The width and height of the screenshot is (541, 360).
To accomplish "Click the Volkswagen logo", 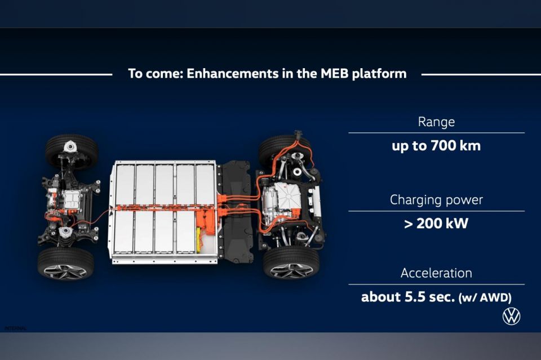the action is click(511, 316).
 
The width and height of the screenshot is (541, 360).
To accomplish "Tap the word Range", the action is click(436, 122).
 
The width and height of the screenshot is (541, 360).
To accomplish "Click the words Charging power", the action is click(436, 200).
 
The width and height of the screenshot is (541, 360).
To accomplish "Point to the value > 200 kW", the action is click(436, 224).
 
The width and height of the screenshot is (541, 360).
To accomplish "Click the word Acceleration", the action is click(436, 273).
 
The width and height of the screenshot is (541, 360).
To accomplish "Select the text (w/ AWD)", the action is click(485, 297).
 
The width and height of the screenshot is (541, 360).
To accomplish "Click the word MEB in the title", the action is click(335, 73).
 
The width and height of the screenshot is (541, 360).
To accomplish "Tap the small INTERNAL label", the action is click(16, 328).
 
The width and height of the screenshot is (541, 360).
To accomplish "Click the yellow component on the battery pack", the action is click(199, 239).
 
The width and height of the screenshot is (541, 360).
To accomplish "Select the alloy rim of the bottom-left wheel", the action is click(65, 272).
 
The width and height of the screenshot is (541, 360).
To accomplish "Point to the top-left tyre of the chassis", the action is click(72, 149).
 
